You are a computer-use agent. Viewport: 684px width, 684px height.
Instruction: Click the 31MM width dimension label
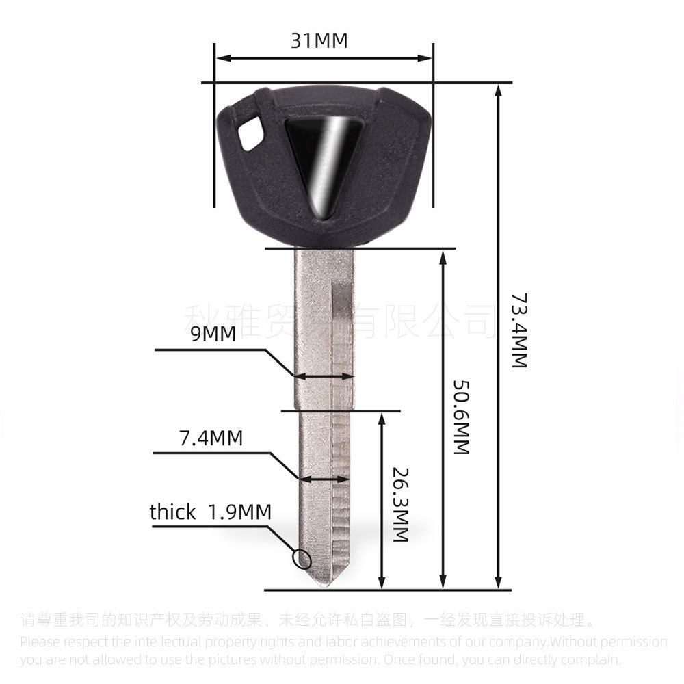(319, 40)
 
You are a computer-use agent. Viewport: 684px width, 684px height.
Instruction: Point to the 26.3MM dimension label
(401, 505)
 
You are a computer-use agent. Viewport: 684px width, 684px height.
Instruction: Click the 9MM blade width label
(214, 334)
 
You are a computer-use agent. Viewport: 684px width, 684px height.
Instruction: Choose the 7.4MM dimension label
(211, 438)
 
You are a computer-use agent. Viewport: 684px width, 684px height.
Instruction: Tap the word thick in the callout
(172, 512)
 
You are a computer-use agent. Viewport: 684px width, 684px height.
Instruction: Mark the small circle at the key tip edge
(302, 559)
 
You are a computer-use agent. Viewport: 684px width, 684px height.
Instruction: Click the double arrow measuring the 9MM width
(324, 376)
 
